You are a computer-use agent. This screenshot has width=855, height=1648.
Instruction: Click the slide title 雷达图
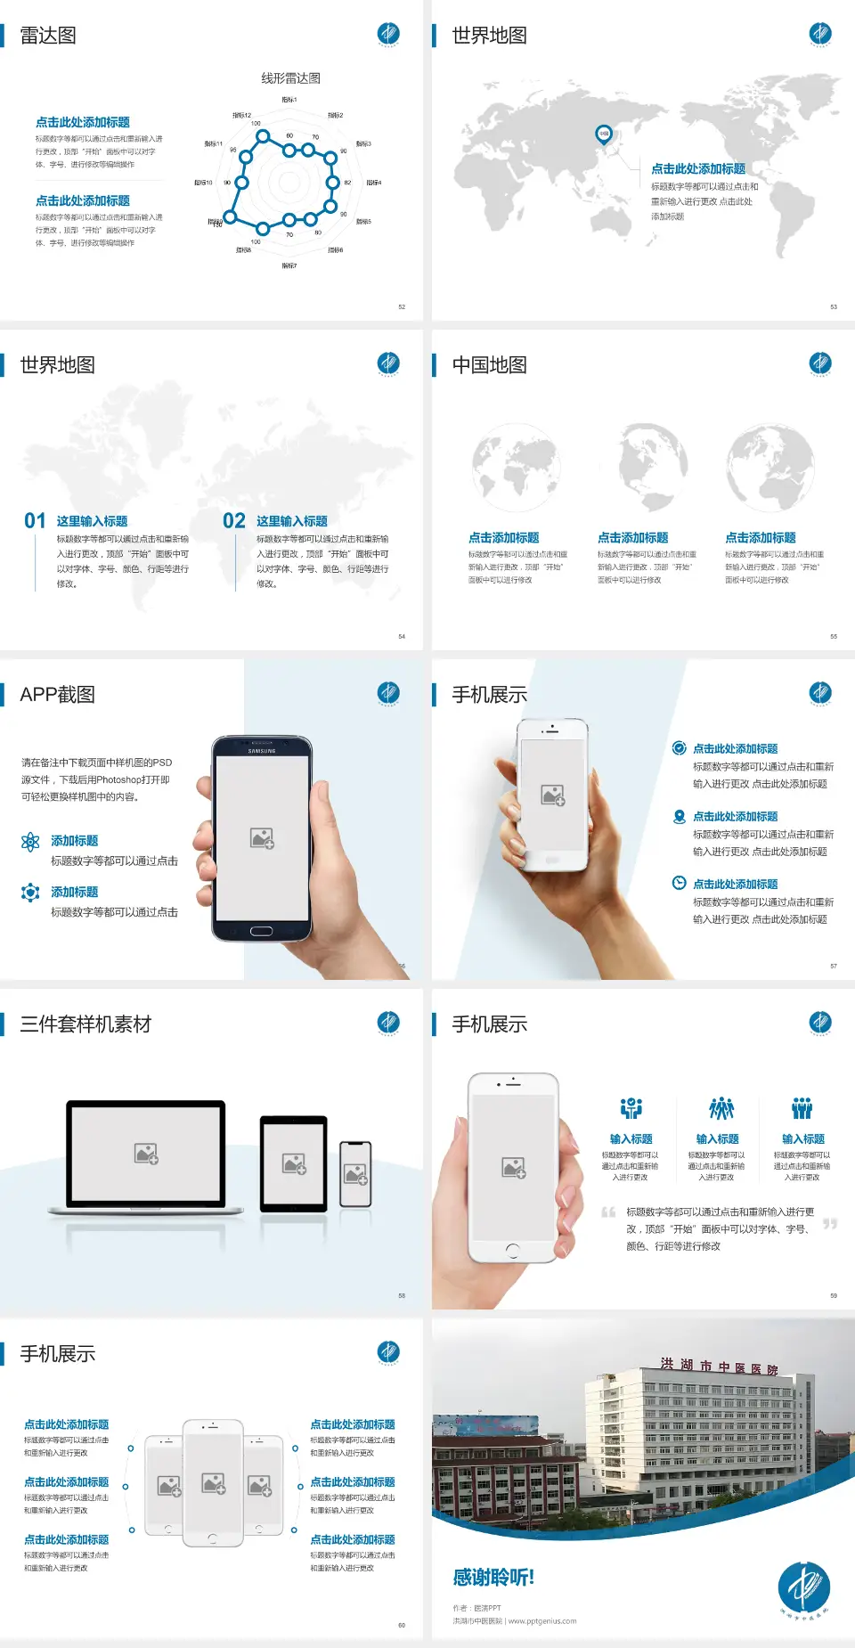[x=48, y=36]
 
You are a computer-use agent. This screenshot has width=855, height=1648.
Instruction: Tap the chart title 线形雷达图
[x=290, y=78]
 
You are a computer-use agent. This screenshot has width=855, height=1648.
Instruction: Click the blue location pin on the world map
[x=604, y=134]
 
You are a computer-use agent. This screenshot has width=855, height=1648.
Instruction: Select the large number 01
[x=35, y=521]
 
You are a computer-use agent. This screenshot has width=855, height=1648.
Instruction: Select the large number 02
[x=234, y=521]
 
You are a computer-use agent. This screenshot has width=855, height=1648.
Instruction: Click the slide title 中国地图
[x=489, y=365]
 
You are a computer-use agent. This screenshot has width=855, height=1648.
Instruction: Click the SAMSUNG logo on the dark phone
[x=262, y=751]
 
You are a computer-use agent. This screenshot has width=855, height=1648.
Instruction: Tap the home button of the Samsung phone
[x=261, y=931]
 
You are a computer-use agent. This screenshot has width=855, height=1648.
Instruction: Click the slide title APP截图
[x=57, y=695]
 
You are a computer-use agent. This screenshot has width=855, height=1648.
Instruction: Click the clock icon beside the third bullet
[x=679, y=883]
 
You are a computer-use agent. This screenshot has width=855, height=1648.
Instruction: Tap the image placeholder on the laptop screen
[x=146, y=1154]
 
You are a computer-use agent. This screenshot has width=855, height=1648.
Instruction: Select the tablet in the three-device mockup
[x=294, y=1163]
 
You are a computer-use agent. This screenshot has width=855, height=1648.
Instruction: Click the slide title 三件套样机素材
[x=85, y=1024]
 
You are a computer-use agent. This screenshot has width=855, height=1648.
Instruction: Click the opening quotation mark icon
[x=608, y=1212]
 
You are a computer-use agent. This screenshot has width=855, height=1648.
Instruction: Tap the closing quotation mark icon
[x=830, y=1224]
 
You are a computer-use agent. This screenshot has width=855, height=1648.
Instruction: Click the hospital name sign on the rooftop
[x=719, y=1367]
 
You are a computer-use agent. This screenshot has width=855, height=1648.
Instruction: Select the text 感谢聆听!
[x=493, y=1578]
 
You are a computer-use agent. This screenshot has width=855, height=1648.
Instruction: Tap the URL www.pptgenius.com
[x=542, y=1621]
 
